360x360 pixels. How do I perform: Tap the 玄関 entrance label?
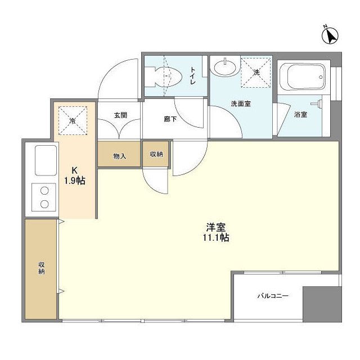120,115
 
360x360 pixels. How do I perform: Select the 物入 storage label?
119,156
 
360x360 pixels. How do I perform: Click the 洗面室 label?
240,104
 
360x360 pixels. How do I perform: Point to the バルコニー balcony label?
273,295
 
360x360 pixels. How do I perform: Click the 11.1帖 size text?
217,238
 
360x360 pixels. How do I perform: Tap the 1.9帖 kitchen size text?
74,181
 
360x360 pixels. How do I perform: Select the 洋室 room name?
216,227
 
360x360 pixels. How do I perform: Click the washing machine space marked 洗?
256,73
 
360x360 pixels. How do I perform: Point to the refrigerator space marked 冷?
72,121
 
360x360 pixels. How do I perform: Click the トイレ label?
192,75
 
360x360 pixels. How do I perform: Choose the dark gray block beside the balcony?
321,304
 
